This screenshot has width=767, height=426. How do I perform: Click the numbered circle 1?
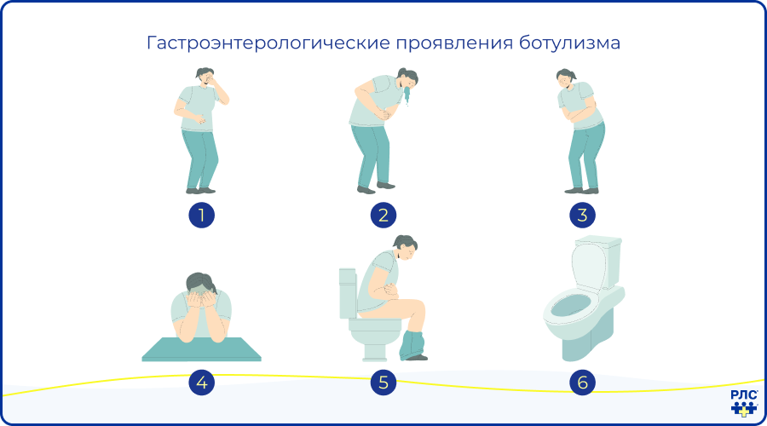click(201, 216)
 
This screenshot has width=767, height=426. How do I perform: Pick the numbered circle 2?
click(383, 216)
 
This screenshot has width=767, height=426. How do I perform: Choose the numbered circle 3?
click(583, 216)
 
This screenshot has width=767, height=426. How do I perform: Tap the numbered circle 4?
click(201, 383)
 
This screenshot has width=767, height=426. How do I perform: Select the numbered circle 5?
click(383, 383)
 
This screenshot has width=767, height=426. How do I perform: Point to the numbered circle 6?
click(583, 383)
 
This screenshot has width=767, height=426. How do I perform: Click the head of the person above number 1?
click(205, 78)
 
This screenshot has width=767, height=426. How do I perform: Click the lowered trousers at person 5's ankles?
click(415, 345)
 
